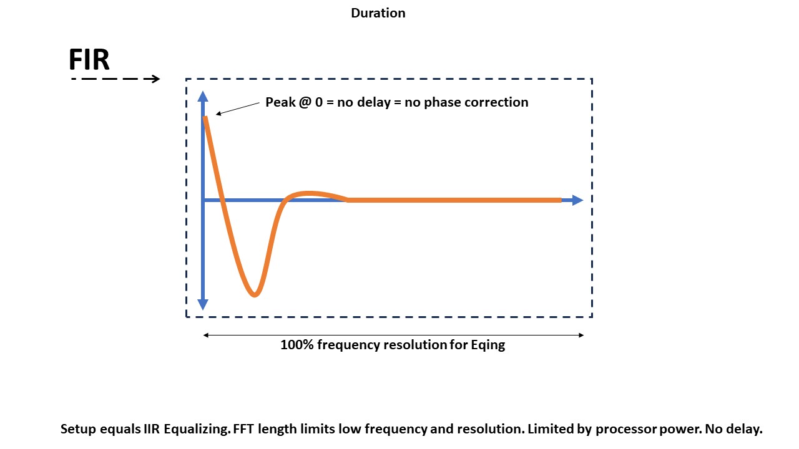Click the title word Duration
click(x=378, y=13)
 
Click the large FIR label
click(x=89, y=59)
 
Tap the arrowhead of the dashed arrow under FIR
click(x=156, y=79)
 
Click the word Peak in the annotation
click(x=280, y=102)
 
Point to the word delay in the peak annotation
click(x=374, y=103)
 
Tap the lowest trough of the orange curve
click(x=254, y=295)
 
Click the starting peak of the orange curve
click(x=205, y=118)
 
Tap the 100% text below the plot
click(x=297, y=345)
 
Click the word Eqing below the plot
click(x=488, y=345)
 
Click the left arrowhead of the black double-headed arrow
click(x=206, y=335)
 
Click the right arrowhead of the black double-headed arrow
click(x=581, y=335)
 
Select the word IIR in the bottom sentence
click(x=152, y=428)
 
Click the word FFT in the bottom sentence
click(x=244, y=428)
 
